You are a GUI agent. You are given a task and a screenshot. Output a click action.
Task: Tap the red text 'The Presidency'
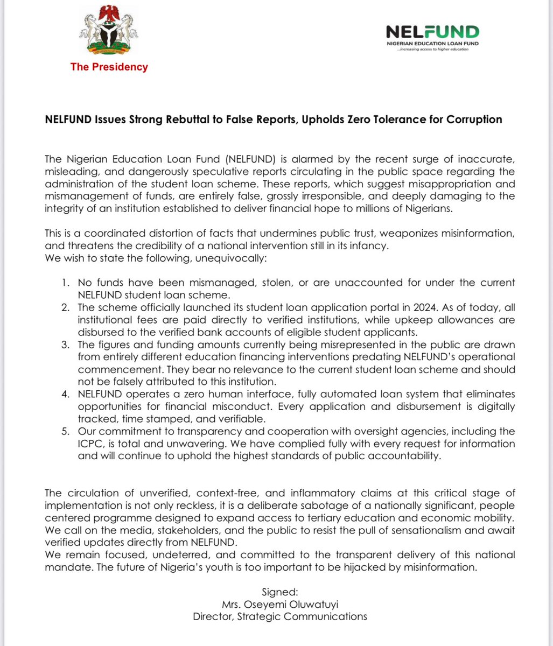(x=109, y=67)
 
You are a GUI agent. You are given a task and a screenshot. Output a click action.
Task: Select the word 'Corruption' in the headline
(x=474, y=120)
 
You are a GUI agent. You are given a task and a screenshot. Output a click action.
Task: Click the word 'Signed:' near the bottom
(x=280, y=592)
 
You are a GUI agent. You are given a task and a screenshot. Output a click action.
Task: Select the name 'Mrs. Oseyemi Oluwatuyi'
(x=280, y=604)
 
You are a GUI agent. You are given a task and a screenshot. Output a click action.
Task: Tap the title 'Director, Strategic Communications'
(x=280, y=616)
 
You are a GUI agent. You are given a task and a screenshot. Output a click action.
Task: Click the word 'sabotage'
(x=320, y=507)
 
